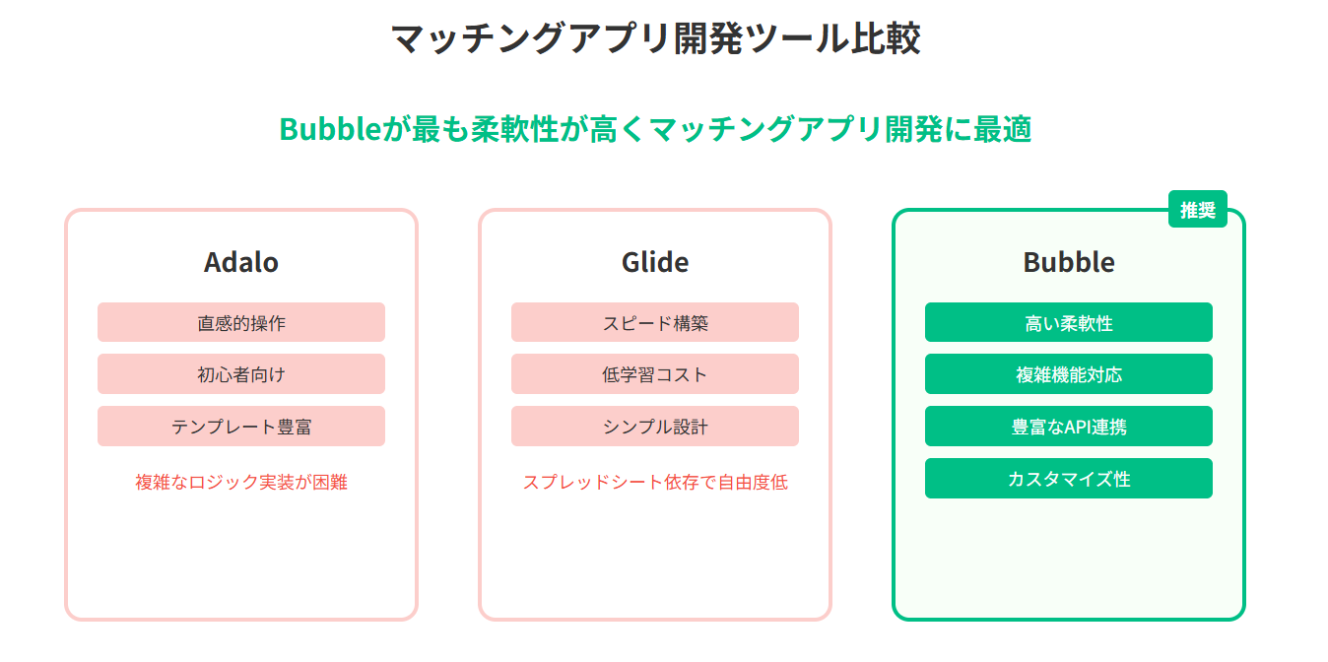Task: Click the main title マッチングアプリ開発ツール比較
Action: [655, 39]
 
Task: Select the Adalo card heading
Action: [241, 262]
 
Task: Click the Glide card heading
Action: [655, 262]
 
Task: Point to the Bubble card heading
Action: [1069, 262]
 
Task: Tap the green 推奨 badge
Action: [1197, 209]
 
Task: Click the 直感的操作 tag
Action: [241, 322]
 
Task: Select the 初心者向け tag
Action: [241, 374]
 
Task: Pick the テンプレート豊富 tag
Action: [241, 427]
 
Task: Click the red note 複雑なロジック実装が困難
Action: [241, 483]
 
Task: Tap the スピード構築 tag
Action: [655, 322]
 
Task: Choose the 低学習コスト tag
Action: [655, 374]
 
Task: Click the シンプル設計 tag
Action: [655, 427]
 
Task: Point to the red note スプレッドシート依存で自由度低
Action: [655, 483]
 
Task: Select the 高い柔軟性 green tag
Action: [1069, 322]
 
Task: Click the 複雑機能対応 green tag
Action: [1069, 374]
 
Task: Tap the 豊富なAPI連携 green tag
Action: [1069, 427]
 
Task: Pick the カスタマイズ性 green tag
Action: [1069, 479]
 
